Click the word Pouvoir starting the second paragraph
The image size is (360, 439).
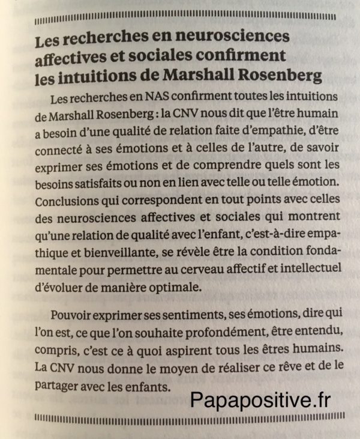(71, 314)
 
